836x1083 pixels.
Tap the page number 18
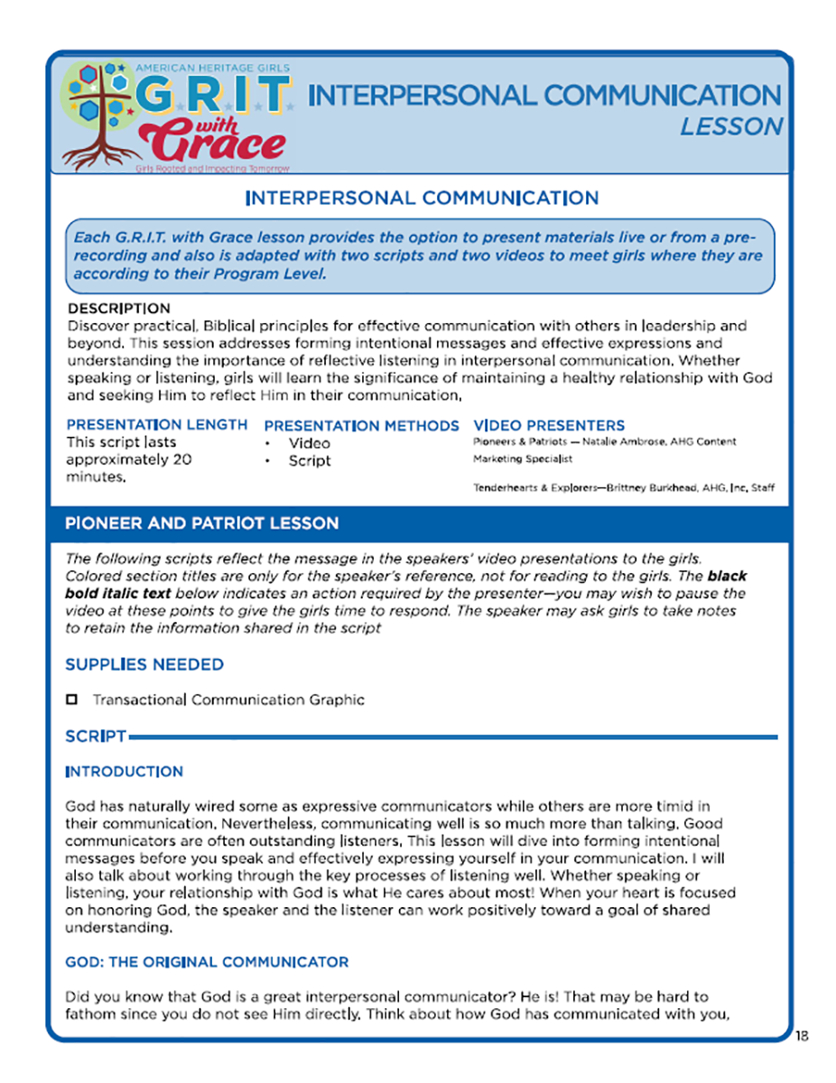pyautogui.click(x=803, y=1035)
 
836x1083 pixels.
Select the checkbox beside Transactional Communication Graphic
pyautogui.click(x=73, y=699)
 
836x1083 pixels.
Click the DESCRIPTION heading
pyautogui.click(x=118, y=308)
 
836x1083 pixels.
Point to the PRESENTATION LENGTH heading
pyautogui.click(x=157, y=424)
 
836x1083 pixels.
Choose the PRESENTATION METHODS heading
pyautogui.click(x=361, y=425)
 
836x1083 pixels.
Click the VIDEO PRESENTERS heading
pyautogui.click(x=548, y=425)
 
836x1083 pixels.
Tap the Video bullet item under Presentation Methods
pyautogui.click(x=309, y=443)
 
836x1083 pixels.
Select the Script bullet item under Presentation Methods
pyautogui.click(x=310, y=460)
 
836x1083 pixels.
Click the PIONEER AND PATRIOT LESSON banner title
pyautogui.click(x=201, y=523)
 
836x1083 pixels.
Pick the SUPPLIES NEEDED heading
pyautogui.click(x=144, y=665)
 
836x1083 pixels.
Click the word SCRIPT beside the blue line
pyautogui.click(x=95, y=737)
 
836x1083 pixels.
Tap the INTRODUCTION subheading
pyautogui.click(x=124, y=772)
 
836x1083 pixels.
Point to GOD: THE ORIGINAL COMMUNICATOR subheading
pyautogui.click(x=207, y=962)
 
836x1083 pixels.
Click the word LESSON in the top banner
pyautogui.click(x=731, y=126)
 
